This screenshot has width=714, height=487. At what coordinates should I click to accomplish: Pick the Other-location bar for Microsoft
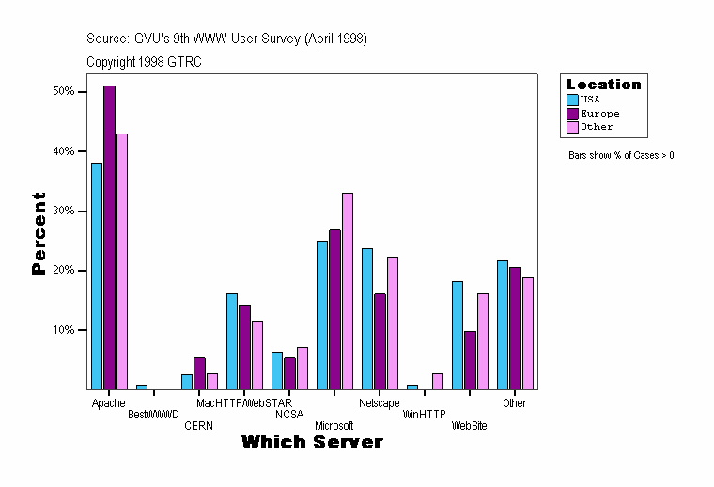coord(347,291)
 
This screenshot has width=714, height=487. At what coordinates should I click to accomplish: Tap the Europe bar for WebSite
coord(470,359)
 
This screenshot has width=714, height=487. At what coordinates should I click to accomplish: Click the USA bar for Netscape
coord(367,318)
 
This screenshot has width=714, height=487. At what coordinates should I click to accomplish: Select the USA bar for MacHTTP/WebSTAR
coord(232,340)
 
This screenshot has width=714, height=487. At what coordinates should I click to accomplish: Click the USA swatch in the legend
coord(572,99)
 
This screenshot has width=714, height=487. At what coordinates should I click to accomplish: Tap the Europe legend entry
coord(598,113)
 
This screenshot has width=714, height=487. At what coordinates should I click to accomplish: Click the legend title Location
coord(603,85)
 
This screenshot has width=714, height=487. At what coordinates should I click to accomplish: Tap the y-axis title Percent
coord(39,233)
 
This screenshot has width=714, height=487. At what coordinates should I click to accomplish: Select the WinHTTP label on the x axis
coord(424,415)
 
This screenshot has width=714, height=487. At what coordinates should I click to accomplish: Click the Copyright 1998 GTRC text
coord(144,62)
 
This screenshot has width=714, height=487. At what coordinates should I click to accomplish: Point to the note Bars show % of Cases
coord(621,155)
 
